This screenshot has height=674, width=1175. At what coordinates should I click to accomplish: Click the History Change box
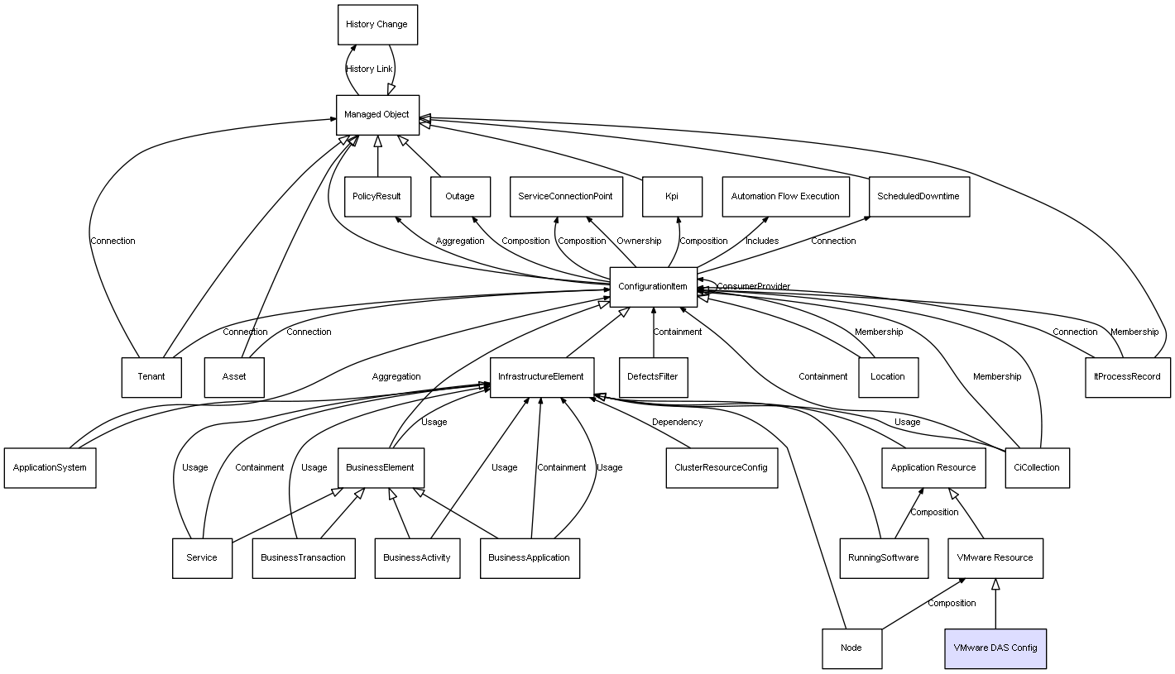click(376, 25)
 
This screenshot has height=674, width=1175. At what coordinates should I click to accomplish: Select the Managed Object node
click(377, 115)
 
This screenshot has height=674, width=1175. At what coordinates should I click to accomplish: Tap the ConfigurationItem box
click(653, 286)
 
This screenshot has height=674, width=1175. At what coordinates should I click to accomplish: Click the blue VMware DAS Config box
click(995, 648)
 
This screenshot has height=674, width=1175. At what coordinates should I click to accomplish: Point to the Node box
click(851, 648)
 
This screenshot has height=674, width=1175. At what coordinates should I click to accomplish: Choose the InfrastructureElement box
click(540, 377)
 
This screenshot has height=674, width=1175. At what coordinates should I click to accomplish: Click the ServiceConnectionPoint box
click(565, 197)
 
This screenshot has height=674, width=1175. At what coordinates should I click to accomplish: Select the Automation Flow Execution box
click(785, 197)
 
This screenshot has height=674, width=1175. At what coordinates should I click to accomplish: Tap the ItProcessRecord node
click(1127, 377)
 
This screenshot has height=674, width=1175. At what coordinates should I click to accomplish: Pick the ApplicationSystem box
click(50, 468)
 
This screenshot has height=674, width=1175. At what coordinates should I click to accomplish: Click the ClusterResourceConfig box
click(722, 468)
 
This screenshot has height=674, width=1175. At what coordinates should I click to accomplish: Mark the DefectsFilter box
click(653, 377)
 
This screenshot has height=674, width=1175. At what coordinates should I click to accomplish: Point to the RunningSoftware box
click(883, 558)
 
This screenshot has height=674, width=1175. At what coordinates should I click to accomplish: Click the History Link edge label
click(369, 69)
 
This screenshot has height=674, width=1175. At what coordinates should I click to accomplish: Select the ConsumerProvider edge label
click(754, 287)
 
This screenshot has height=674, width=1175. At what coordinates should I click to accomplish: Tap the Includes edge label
click(761, 241)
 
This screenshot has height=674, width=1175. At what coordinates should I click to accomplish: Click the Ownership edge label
click(639, 241)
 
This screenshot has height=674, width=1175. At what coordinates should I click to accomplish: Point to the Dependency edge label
click(677, 423)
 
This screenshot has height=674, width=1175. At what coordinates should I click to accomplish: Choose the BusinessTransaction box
click(303, 558)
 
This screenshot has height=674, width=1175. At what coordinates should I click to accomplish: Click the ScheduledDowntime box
click(918, 197)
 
